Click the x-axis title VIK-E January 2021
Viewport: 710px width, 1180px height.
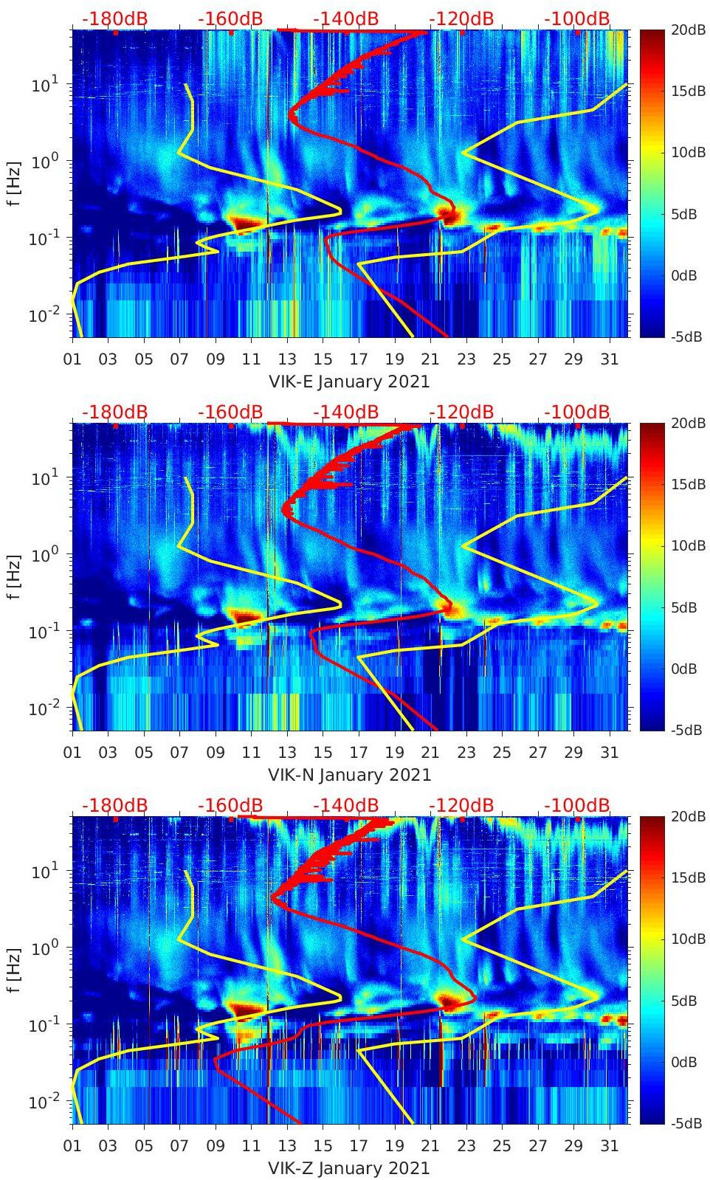click(x=349, y=382)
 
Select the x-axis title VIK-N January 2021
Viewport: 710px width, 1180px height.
click(x=349, y=775)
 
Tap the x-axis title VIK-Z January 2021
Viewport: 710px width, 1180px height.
click(x=349, y=1168)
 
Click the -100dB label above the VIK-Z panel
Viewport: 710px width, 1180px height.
click(x=577, y=805)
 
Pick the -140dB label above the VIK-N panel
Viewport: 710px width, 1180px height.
click(x=345, y=412)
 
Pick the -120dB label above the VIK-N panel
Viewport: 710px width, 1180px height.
click(x=461, y=412)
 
